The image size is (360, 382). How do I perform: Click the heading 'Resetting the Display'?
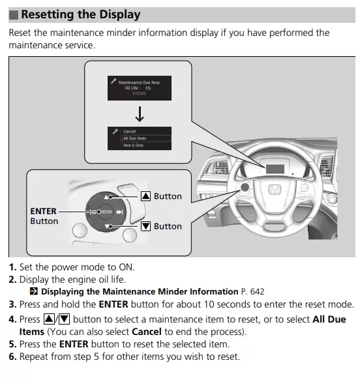tap(80, 14)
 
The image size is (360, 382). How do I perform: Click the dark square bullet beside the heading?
tap(14, 15)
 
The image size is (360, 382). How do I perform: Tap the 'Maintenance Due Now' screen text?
tap(139, 82)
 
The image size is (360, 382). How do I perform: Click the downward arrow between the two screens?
tap(140, 114)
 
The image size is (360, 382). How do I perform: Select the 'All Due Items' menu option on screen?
tap(135, 138)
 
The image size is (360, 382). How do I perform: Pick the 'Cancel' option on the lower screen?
tap(129, 131)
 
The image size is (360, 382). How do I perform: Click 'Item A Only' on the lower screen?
tap(133, 145)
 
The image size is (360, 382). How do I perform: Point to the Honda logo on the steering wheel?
tap(275, 189)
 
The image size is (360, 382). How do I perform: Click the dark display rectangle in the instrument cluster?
tap(275, 169)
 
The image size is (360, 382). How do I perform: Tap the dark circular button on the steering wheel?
tap(245, 187)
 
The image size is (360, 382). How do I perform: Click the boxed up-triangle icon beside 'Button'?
tap(145, 196)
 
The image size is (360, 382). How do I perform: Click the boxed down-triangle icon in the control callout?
tap(145, 227)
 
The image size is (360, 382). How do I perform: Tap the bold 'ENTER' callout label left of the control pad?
tap(43, 211)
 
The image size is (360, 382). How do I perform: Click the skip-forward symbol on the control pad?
tap(119, 212)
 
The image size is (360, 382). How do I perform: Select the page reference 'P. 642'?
tap(252, 292)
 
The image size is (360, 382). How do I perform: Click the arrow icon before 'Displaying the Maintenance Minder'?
tap(34, 291)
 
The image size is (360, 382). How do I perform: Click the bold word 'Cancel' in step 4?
tap(147, 332)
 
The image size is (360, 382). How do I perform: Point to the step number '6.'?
tap(13, 357)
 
